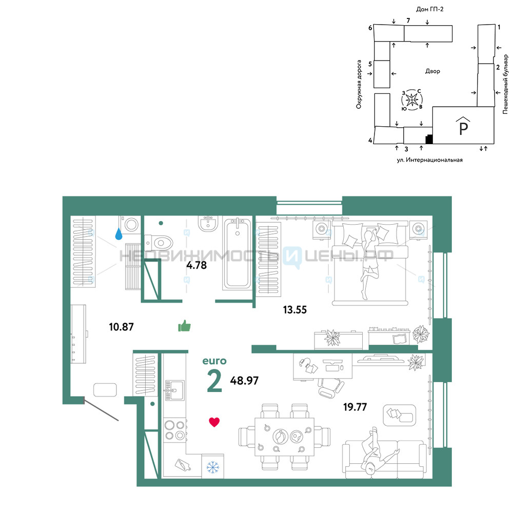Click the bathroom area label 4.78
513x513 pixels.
pos(196,265)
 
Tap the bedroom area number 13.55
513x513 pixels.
pos(295,309)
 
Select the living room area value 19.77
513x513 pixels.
pos(355,407)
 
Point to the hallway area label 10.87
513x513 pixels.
pos(122,327)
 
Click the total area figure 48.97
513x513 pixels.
pos(244,381)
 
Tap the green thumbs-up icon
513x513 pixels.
pos(185,326)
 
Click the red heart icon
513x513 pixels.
pos(214,422)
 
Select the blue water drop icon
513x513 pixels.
pos(119,234)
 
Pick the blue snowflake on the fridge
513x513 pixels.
pos(213,467)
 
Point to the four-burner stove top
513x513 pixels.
pos(175,430)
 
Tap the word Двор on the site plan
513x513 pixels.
pos(432,71)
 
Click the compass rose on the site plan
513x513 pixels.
pos(412,100)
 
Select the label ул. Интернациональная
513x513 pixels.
pos(429,160)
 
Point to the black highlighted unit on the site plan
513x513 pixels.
pos(429,140)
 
